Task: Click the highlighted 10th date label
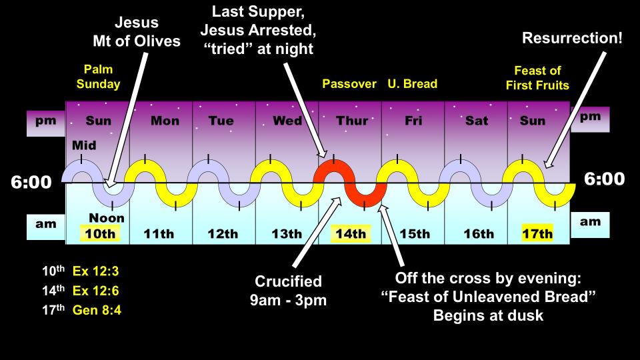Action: pyautogui.click(x=100, y=233)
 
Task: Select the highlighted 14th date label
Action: pyautogui.click(x=351, y=233)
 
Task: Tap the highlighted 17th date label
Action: pyautogui.click(x=537, y=233)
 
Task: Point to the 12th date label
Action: pyautogui.click(x=223, y=234)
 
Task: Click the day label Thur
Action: pyautogui.click(x=352, y=121)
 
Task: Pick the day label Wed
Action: pyautogui.click(x=287, y=121)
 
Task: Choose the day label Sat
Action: pyautogui.click(x=477, y=121)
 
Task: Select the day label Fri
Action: pyautogui.click(x=413, y=121)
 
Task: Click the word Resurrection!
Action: pyautogui.click(x=572, y=38)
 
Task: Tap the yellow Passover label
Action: pyautogui.click(x=349, y=84)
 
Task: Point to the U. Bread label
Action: pyautogui.click(x=413, y=84)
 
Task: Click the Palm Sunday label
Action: pyautogui.click(x=99, y=77)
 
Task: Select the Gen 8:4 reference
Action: pyautogui.click(x=97, y=310)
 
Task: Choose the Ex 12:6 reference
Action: pyautogui.click(x=95, y=291)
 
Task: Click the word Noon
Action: pyautogui.click(x=107, y=218)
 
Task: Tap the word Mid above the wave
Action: pyautogui.click(x=84, y=145)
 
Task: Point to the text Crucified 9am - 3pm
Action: pyautogui.click(x=288, y=291)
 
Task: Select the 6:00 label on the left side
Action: pyautogui.click(x=31, y=182)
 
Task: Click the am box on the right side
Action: pyautogui.click(x=590, y=225)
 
